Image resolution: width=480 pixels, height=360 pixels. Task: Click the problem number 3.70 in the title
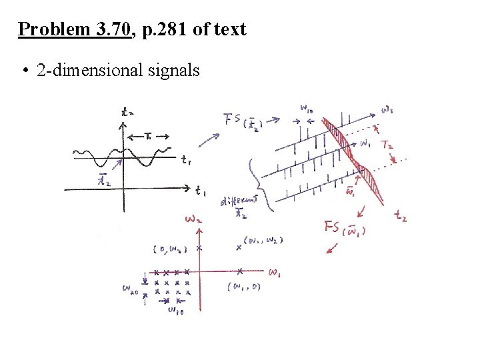pos(114,29)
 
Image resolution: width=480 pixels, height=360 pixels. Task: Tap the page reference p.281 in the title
pos(165,29)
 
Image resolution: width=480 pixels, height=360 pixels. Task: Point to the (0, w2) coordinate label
pos(169,249)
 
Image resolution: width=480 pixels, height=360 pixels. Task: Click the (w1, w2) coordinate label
pos(263,240)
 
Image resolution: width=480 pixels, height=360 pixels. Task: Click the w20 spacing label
pos(131,289)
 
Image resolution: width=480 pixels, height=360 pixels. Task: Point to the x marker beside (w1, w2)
pos(239,247)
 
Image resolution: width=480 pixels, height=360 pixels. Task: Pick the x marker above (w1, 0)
pos(240,271)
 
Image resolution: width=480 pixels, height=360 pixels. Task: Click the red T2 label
pos(388,145)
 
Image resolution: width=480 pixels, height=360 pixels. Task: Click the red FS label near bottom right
pos(338,227)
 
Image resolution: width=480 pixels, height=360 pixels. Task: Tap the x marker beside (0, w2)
pos(199,248)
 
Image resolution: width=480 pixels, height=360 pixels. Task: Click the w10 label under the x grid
pos(175,311)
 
